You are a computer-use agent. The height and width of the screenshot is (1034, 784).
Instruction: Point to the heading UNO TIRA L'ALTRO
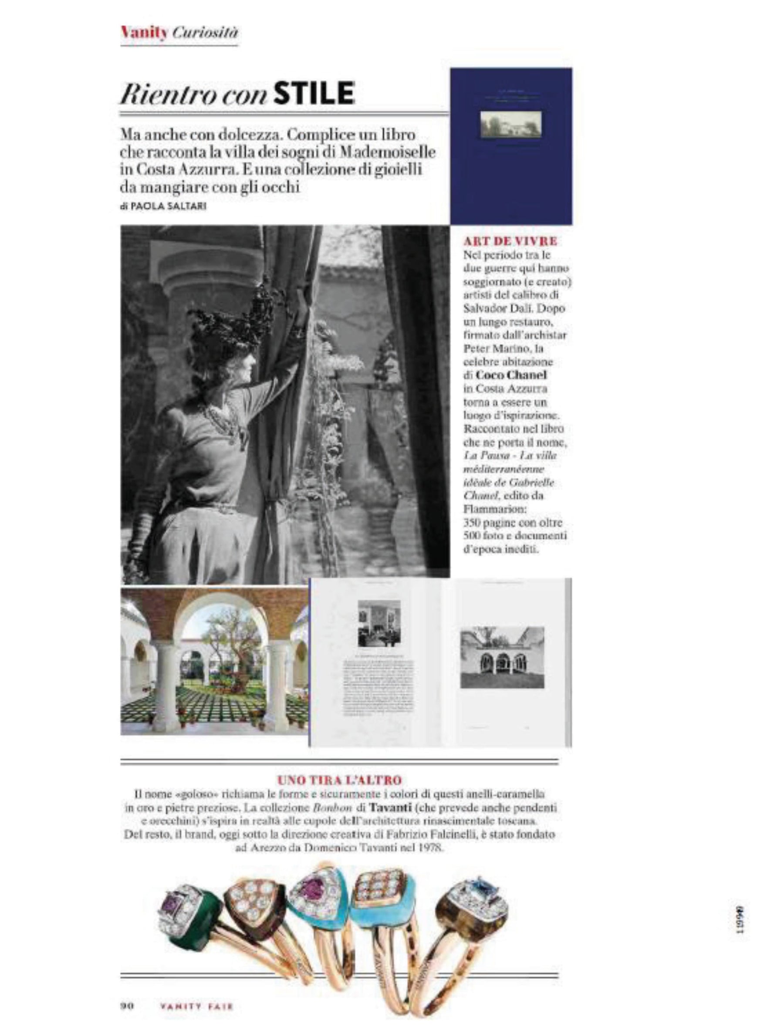339,780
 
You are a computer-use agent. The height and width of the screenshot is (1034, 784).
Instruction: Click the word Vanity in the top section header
144,33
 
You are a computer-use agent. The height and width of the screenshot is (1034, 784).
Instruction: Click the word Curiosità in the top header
205,33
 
